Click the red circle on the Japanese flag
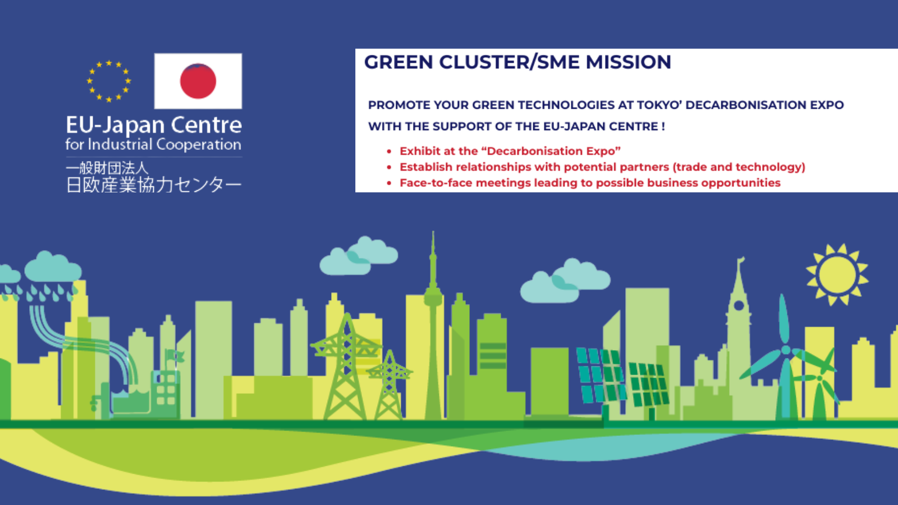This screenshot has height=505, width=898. (x=198, y=81)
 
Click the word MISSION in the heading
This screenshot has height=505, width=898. (x=628, y=62)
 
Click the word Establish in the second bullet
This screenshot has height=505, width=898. (x=426, y=167)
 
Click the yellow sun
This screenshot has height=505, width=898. (x=837, y=275)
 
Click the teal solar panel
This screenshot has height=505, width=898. (x=601, y=375)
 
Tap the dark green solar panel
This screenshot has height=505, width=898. (x=648, y=384)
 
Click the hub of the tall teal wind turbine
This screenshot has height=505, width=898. (x=786, y=350)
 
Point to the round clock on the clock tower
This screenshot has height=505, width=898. (x=739, y=306)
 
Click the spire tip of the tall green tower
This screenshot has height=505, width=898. (x=433, y=232)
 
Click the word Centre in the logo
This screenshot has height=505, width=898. (x=206, y=125)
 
